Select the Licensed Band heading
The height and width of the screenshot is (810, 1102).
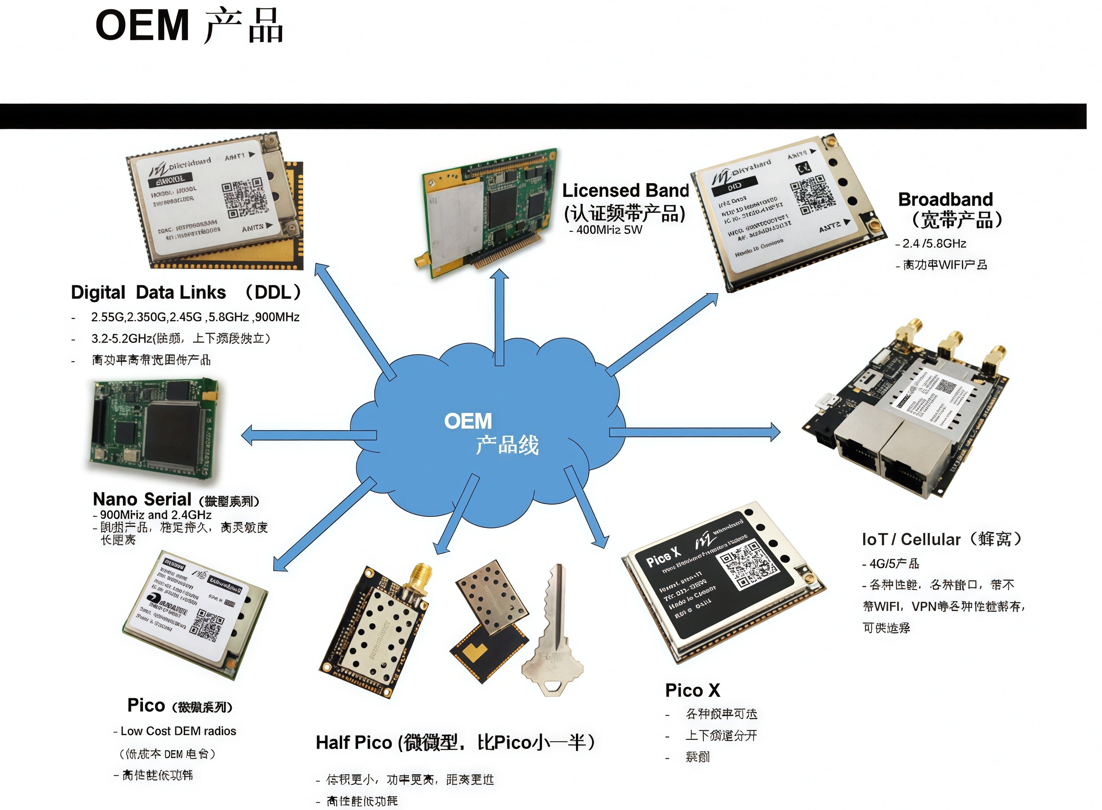point(625,190)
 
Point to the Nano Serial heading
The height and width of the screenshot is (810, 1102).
point(142,499)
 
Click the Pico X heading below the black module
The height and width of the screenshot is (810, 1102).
point(692,690)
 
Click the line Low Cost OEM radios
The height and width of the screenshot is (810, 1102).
point(178,731)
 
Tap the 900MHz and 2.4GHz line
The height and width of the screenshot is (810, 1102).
point(155,515)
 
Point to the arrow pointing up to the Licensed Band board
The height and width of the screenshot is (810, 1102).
point(499,319)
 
